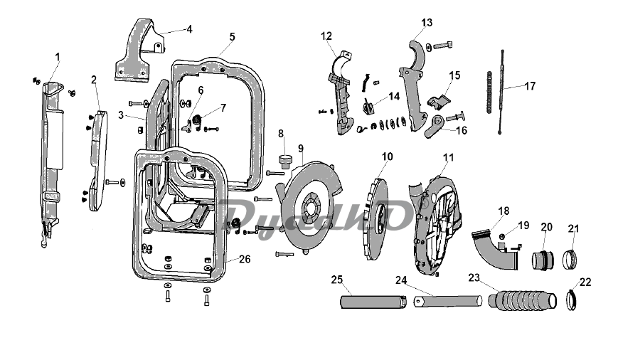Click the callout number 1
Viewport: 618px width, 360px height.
(x=58, y=57)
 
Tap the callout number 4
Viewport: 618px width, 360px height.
(x=190, y=29)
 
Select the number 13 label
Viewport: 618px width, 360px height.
(x=427, y=23)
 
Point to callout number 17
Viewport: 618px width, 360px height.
(x=530, y=86)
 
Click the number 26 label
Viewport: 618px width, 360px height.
(x=245, y=259)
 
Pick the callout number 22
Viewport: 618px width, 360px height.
(x=586, y=282)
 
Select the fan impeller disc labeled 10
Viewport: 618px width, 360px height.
(x=375, y=218)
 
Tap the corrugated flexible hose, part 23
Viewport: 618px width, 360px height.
(x=523, y=300)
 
